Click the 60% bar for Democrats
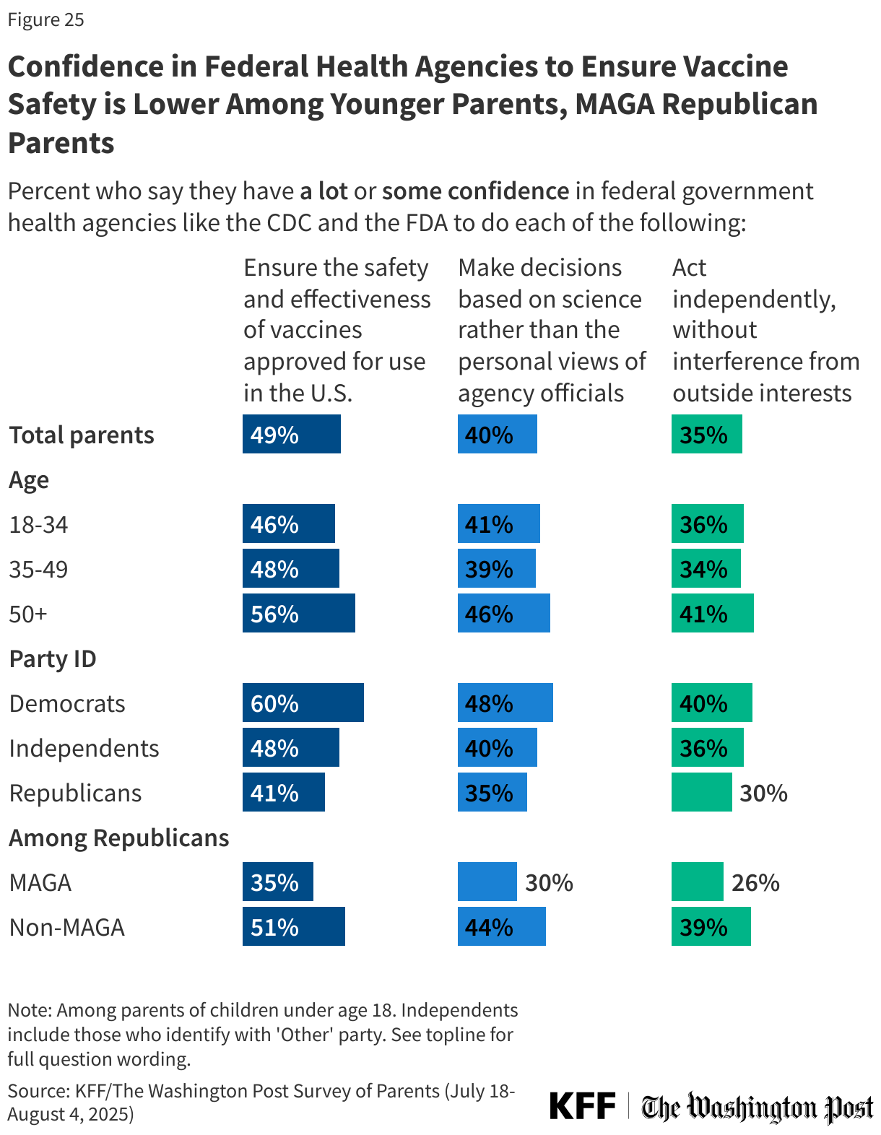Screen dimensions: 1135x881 coord(303,703)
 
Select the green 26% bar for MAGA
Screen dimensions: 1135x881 coord(697,882)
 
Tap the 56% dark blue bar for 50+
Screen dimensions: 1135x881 coord(298,613)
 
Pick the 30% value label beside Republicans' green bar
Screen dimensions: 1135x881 coord(763,793)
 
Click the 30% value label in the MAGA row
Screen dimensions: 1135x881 coord(549,882)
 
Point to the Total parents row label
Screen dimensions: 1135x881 coord(82,435)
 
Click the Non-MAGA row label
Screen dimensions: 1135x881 coord(67,926)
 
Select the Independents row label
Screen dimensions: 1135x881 coord(84,748)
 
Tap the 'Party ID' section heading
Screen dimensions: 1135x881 coord(53,658)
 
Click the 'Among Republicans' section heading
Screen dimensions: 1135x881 coord(119,838)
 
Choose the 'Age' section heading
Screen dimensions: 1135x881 coord(29,479)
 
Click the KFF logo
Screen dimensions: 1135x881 coord(582,1105)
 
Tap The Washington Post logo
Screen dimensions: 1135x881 coord(758,1107)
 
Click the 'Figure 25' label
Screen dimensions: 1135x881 coord(46,19)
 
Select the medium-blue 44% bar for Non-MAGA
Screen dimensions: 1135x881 coord(501,926)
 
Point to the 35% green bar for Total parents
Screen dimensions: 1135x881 coord(706,434)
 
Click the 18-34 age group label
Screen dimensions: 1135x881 coord(39,524)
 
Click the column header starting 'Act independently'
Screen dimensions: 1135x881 coord(765,330)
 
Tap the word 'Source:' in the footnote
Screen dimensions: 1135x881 coord(38,1090)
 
